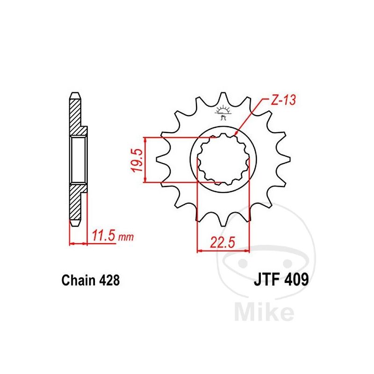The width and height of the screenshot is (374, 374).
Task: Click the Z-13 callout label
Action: pyautogui.click(x=283, y=100)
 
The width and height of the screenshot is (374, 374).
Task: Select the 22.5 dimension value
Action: pyautogui.click(x=223, y=243)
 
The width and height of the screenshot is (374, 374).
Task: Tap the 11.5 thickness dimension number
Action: pyautogui.click(x=103, y=236)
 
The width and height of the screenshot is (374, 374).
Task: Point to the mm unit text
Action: pyautogui.click(x=126, y=237)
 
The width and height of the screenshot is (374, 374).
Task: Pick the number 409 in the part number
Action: pyautogui.click(x=296, y=279)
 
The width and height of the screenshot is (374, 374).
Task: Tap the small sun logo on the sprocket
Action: pyautogui.click(x=223, y=112)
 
